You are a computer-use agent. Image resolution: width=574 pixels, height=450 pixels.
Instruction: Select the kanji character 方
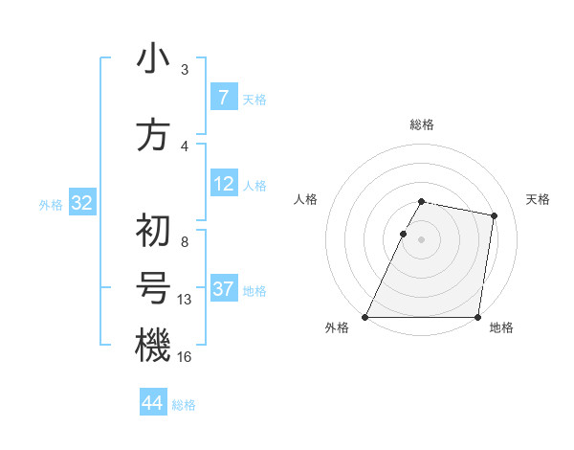point(152,135)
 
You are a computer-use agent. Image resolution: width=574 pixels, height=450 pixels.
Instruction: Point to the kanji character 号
point(152,289)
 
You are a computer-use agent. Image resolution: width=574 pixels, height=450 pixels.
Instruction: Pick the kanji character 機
point(152,345)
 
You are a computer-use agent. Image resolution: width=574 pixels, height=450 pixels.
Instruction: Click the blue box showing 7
point(223,98)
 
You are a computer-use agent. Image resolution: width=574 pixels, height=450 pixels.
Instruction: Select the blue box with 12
point(223,184)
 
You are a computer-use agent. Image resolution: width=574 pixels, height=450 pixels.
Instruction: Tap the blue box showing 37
point(223,289)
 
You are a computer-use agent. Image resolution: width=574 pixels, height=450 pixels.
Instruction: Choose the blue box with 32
point(81,203)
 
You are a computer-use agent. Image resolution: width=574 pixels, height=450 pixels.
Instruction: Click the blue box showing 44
point(152,404)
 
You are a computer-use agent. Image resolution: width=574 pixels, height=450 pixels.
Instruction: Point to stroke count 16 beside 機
point(185,356)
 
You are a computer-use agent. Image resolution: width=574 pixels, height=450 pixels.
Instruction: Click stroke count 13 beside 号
point(185,300)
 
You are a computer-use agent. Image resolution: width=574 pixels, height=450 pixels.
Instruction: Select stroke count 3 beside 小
point(185,70)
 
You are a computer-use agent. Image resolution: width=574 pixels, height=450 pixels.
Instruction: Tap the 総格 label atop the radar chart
point(422,125)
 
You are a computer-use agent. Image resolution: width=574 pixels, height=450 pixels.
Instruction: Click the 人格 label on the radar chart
point(305,200)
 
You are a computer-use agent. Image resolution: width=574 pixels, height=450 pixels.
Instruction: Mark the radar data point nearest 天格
point(494,215)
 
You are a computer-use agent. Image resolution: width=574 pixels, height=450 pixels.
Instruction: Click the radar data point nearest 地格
point(477,317)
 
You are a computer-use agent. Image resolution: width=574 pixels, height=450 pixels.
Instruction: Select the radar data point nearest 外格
point(365,317)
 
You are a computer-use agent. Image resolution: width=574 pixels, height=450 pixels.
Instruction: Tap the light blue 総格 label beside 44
point(184,405)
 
